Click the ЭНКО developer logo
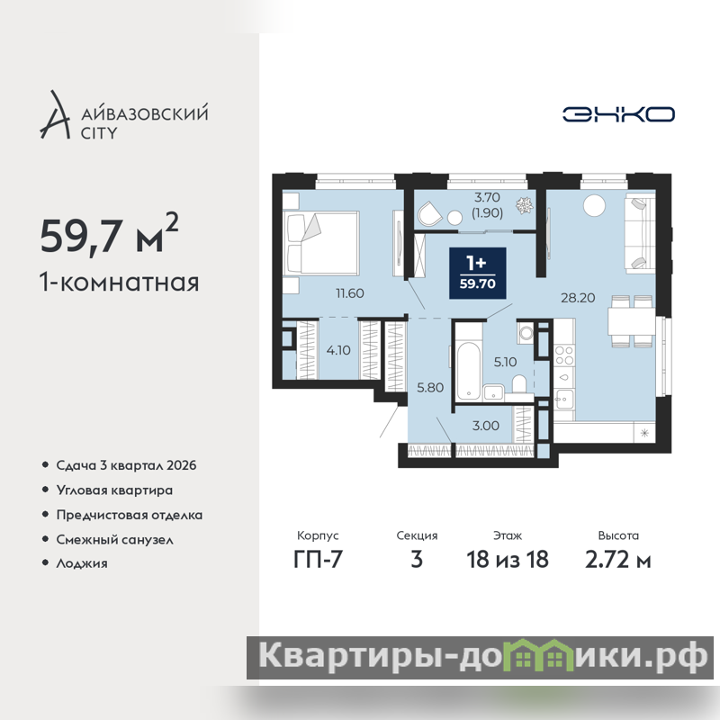coord(618,114)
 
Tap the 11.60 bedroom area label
coord(350,293)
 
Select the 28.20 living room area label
coord(578,298)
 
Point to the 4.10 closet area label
coord(338,350)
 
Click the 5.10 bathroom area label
coord(505,362)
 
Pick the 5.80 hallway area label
coord(430,388)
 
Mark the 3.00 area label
coord(486,426)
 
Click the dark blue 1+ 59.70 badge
coord(478,274)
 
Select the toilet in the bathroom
coord(519,385)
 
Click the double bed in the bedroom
coord(320,243)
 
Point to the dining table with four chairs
coord(632,321)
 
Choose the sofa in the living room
coord(640,232)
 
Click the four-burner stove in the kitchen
coord(564,355)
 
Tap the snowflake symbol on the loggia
coord(524,205)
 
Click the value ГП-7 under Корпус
coord(318,559)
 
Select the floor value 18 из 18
coord(508,559)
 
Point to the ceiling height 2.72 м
coord(618,559)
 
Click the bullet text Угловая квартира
coord(114,490)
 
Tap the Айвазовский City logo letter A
coord(55,115)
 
